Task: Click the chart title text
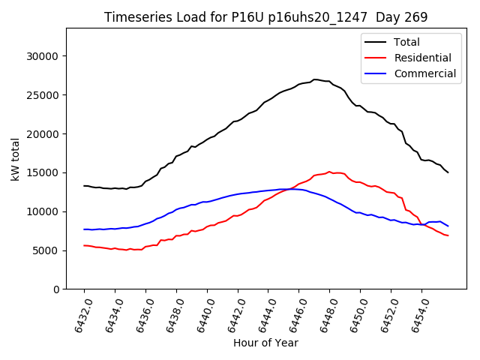tap(265, 17)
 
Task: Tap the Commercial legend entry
tap(424, 73)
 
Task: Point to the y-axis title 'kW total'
tap(15, 158)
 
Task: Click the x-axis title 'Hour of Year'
tap(265, 343)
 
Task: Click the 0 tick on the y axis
tap(57, 289)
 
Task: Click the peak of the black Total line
tap(315, 79)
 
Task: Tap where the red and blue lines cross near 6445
tap(289, 189)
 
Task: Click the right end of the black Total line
tap(448, 172)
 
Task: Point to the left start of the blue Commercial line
tap(84, 229)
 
